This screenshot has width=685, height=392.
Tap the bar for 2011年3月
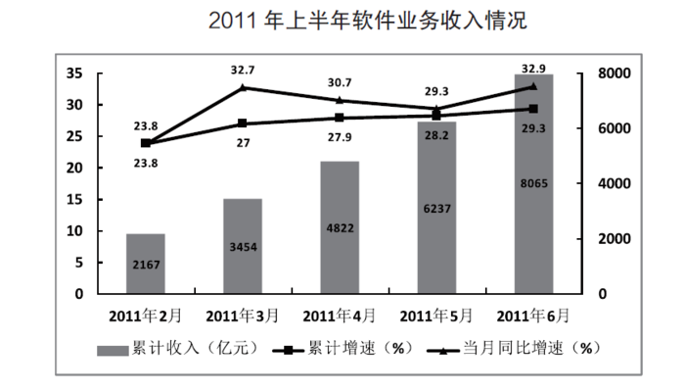242,246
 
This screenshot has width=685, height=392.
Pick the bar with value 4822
339,227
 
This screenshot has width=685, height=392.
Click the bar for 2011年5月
436,208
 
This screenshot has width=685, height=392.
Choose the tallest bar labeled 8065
533,183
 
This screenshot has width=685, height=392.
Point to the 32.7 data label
243,71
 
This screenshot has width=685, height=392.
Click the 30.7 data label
340,83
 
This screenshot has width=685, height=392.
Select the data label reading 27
243,143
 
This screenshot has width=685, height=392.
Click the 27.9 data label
340,137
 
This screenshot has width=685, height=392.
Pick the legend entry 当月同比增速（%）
519,348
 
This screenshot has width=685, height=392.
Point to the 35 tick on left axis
74,73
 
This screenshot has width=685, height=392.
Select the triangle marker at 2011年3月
242,88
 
